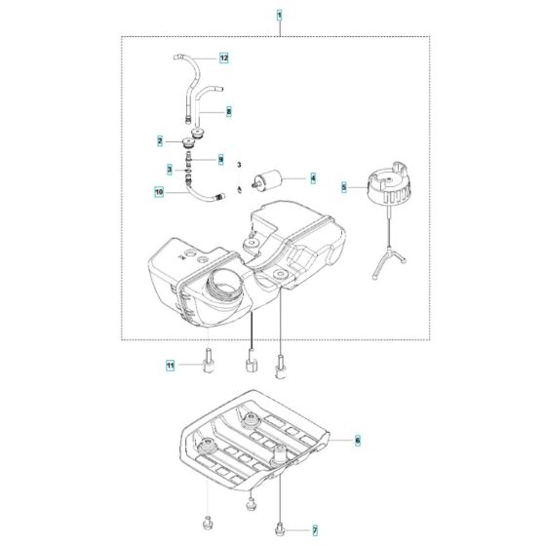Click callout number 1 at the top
tap(279, 16)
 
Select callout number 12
tap(223, 58)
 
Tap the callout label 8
tap(228, 112)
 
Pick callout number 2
tap(160, 141)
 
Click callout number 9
tap(220, 159)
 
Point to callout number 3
tap(169, 169)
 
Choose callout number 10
tap(160, 193)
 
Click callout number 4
tap(312, 178)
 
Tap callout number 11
tap(170, 366)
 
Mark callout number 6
tap(357, 441)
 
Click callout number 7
tap(315, 529)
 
